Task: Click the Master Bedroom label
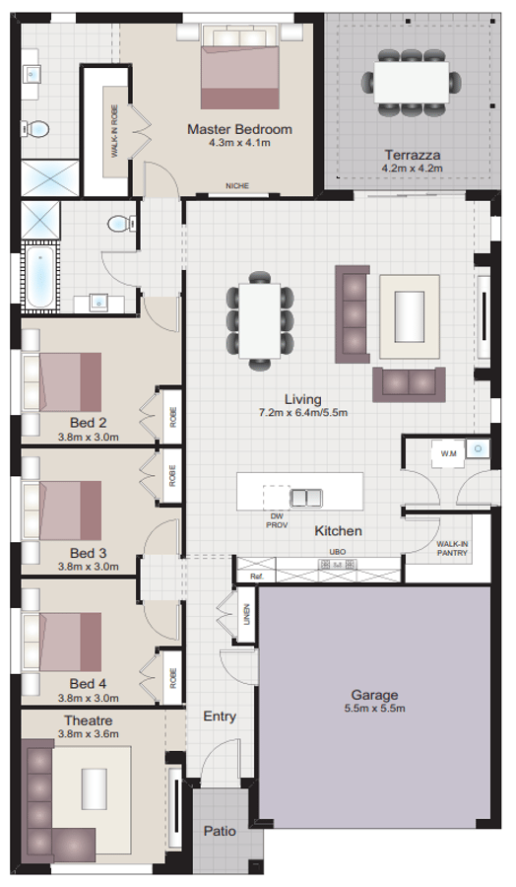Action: click(x=239, y=129)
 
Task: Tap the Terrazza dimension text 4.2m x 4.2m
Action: click(x=413, y=169)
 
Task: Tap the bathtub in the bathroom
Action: click(x=39, y=275)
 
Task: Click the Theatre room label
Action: click(x=88, y=720)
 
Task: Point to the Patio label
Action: click(x=220, y=831)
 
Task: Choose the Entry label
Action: click(x=219, y=716)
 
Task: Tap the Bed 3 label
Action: click(x=88, y=553)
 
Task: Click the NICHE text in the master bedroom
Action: click(x=236, y=185)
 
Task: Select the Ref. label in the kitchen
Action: click(x=256, y=576)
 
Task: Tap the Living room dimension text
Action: click(x=302, y=412)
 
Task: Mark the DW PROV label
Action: click(x=276, y=519)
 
